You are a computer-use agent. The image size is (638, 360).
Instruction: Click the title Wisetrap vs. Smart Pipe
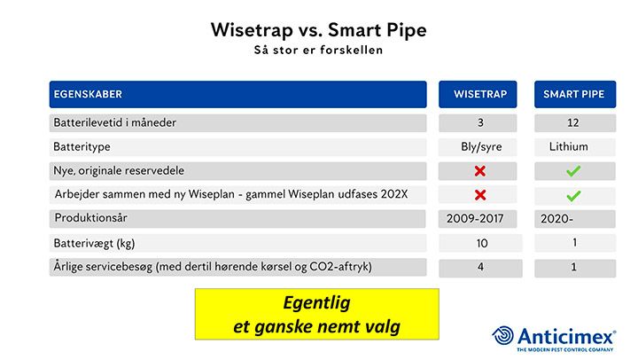click(319, 30)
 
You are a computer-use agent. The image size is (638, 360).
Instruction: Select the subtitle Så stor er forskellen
click(319, 50)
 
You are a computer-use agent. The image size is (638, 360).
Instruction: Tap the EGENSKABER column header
click(88, 94)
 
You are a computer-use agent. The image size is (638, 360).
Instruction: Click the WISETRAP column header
click(480, 94)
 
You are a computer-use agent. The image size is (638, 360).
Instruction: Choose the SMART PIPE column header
click(573, 94)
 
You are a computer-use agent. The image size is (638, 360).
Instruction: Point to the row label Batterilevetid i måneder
click(114, 122)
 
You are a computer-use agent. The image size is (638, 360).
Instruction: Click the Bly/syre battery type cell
click(481, 146)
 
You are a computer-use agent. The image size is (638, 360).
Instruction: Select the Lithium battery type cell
click(568, 146)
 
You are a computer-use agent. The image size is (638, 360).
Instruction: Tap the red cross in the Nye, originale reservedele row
click(480, 171)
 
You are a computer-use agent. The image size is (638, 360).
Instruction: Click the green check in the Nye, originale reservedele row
click(573, 171)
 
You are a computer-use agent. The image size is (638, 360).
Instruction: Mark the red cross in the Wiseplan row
click(480, 195)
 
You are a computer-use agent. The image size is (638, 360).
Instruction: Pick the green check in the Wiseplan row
click(573, 196)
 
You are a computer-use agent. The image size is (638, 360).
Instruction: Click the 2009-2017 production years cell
click(475, 219)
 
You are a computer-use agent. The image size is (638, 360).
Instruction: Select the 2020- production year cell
click(556, 219)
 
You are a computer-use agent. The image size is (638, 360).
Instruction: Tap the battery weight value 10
click(482, 244)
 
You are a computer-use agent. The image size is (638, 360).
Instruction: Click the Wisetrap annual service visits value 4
click(480, 267)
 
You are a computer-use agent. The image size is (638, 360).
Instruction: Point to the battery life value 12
click(573, 122)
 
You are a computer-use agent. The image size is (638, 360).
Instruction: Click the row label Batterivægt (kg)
click(94, 244)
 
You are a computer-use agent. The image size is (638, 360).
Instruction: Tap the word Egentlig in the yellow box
click(316, 303)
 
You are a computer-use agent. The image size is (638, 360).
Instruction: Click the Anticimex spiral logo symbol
click(503, 335)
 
